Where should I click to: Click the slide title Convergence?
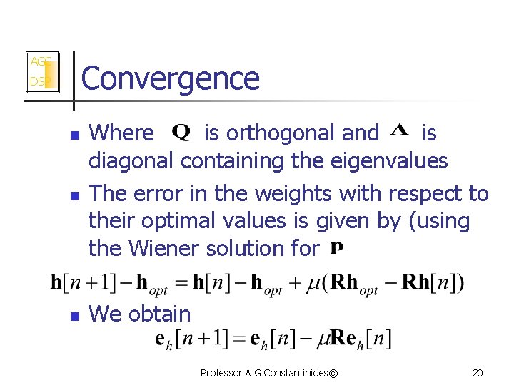pos(171,78)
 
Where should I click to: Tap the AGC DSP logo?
pos(41,72)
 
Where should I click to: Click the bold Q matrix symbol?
pos(181,133)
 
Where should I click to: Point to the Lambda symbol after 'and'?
pos(400,130)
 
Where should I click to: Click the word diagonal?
pos(131,161)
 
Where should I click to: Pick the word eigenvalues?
pos(390,161)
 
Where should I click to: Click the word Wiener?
pos(170,249)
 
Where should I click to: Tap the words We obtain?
pos(139,314)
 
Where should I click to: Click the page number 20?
pos(478,373)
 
